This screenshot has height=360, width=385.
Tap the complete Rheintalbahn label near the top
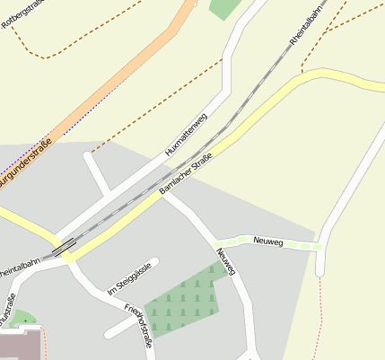305,27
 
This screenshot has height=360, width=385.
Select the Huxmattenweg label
187,136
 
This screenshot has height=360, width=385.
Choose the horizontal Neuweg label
268,241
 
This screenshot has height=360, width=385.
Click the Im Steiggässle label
130,280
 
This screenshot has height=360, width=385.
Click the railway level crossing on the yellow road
63,249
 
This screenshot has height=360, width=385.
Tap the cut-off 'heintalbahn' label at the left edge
20,267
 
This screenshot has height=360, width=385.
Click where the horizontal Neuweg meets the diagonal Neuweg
218,243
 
